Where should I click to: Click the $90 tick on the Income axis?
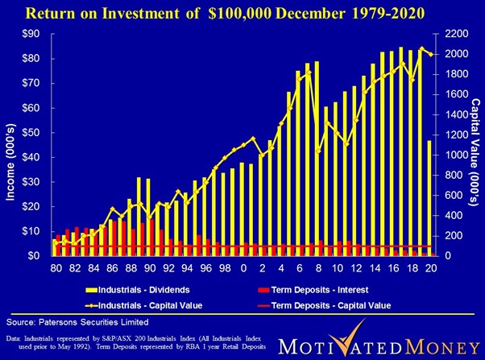click(35, 34)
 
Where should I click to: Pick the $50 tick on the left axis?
click(35, 132)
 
